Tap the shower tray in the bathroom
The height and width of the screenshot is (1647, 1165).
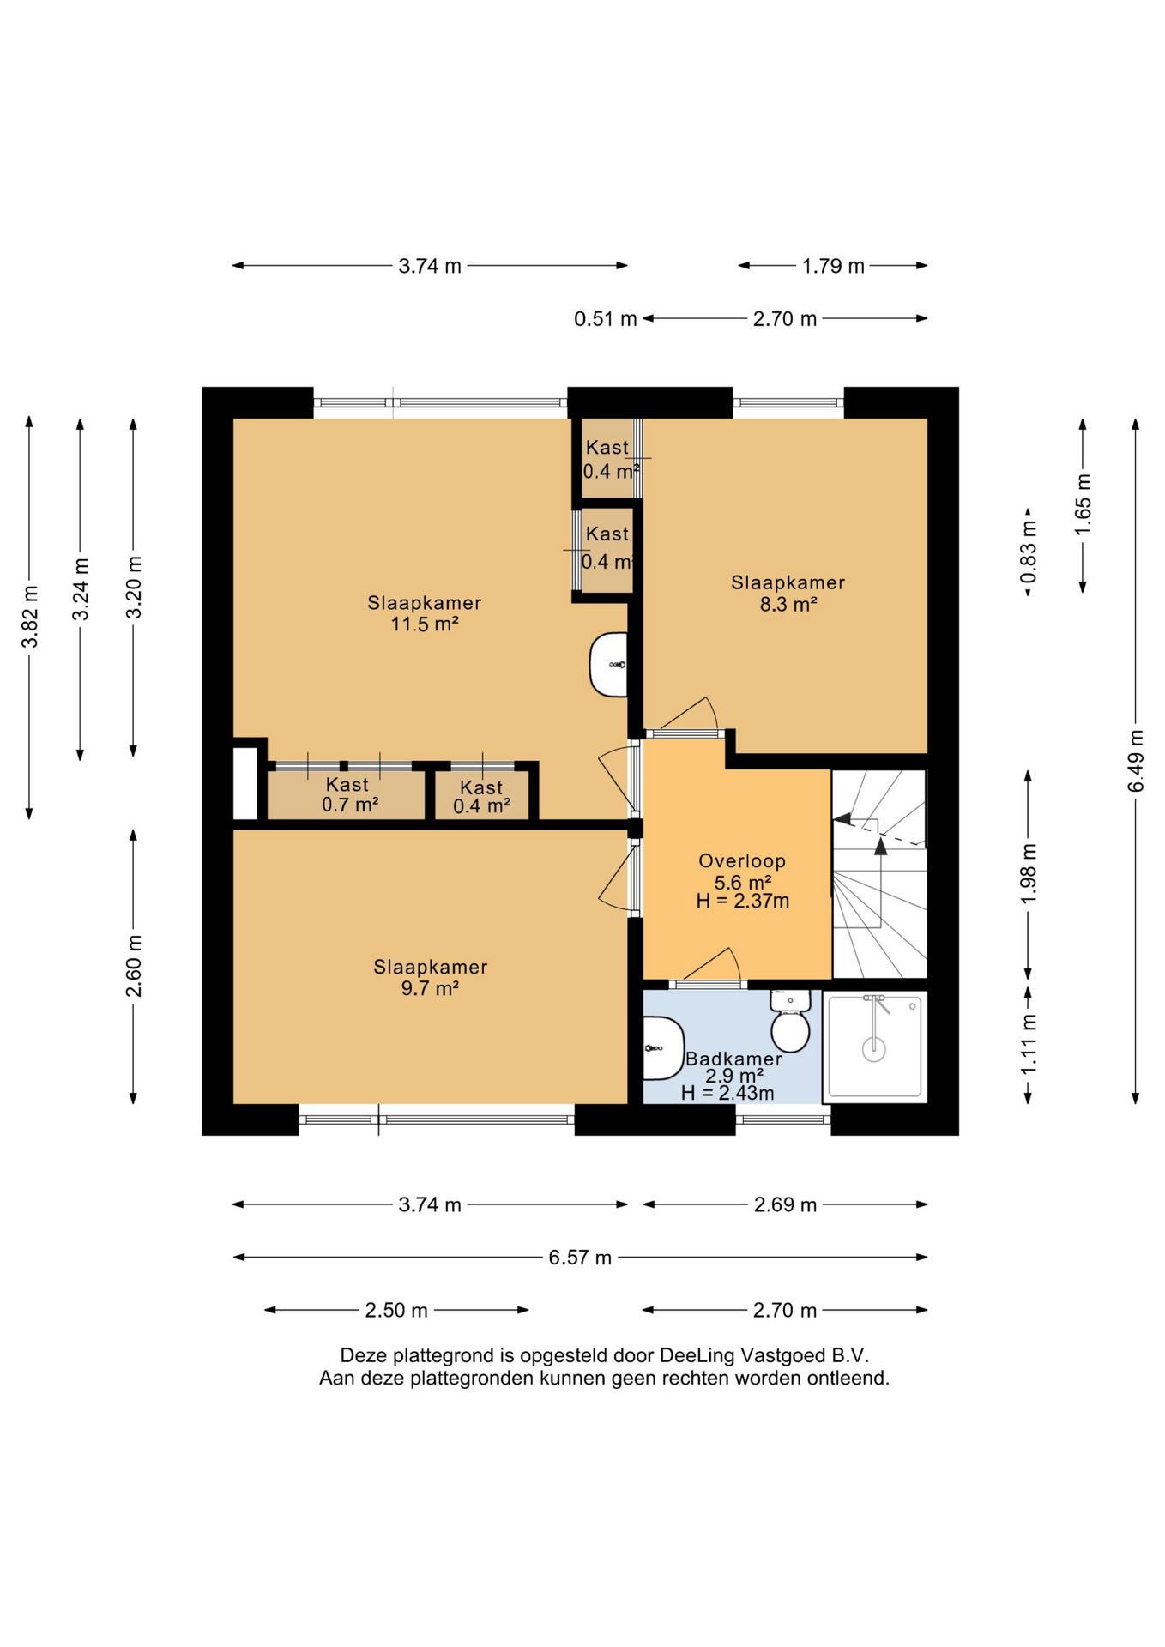[874, 1047]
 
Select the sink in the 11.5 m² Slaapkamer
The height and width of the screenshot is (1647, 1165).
[608, 665]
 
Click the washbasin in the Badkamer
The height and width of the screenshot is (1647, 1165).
[663, 1048]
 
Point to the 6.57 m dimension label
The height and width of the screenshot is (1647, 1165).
[580, 1258]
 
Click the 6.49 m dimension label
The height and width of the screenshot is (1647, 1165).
[1136, 761]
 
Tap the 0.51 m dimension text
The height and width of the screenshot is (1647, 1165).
[606, 319]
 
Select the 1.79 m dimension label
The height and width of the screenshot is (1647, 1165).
[833, 266]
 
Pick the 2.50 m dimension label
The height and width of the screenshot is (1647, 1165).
[396, 1310]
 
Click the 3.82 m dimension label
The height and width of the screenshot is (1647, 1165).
[30, 617]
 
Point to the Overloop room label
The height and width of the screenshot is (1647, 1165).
[742, 860]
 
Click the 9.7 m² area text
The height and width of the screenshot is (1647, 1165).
[430, 988]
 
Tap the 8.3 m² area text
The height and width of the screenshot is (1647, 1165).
[788, 604]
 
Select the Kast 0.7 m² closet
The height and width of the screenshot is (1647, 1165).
[347, 795]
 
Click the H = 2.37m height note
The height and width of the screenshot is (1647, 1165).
[743, 901]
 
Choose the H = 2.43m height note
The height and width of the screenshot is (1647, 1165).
[727, 1093]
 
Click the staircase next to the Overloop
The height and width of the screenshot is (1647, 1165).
[879, 873]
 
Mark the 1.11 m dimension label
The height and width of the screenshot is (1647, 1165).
[1029, 1044]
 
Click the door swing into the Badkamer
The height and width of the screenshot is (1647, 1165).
[711, 964]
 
